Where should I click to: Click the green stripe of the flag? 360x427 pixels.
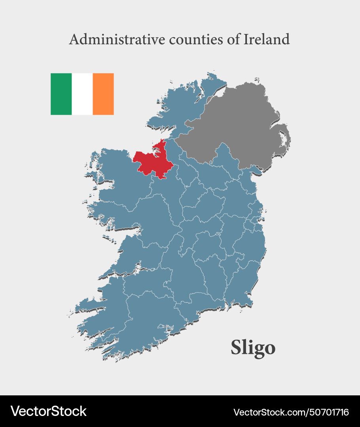point(61,94)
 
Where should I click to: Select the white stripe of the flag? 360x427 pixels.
point(82,94)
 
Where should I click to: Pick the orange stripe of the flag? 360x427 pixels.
point(103,94)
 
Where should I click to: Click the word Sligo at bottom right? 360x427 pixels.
point(253,348)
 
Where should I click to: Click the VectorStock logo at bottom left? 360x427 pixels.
point(48,411)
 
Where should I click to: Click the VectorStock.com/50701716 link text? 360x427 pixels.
point(291,412)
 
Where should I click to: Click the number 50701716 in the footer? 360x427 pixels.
point(328,412)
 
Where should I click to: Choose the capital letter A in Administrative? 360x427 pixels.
point(74,40)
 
